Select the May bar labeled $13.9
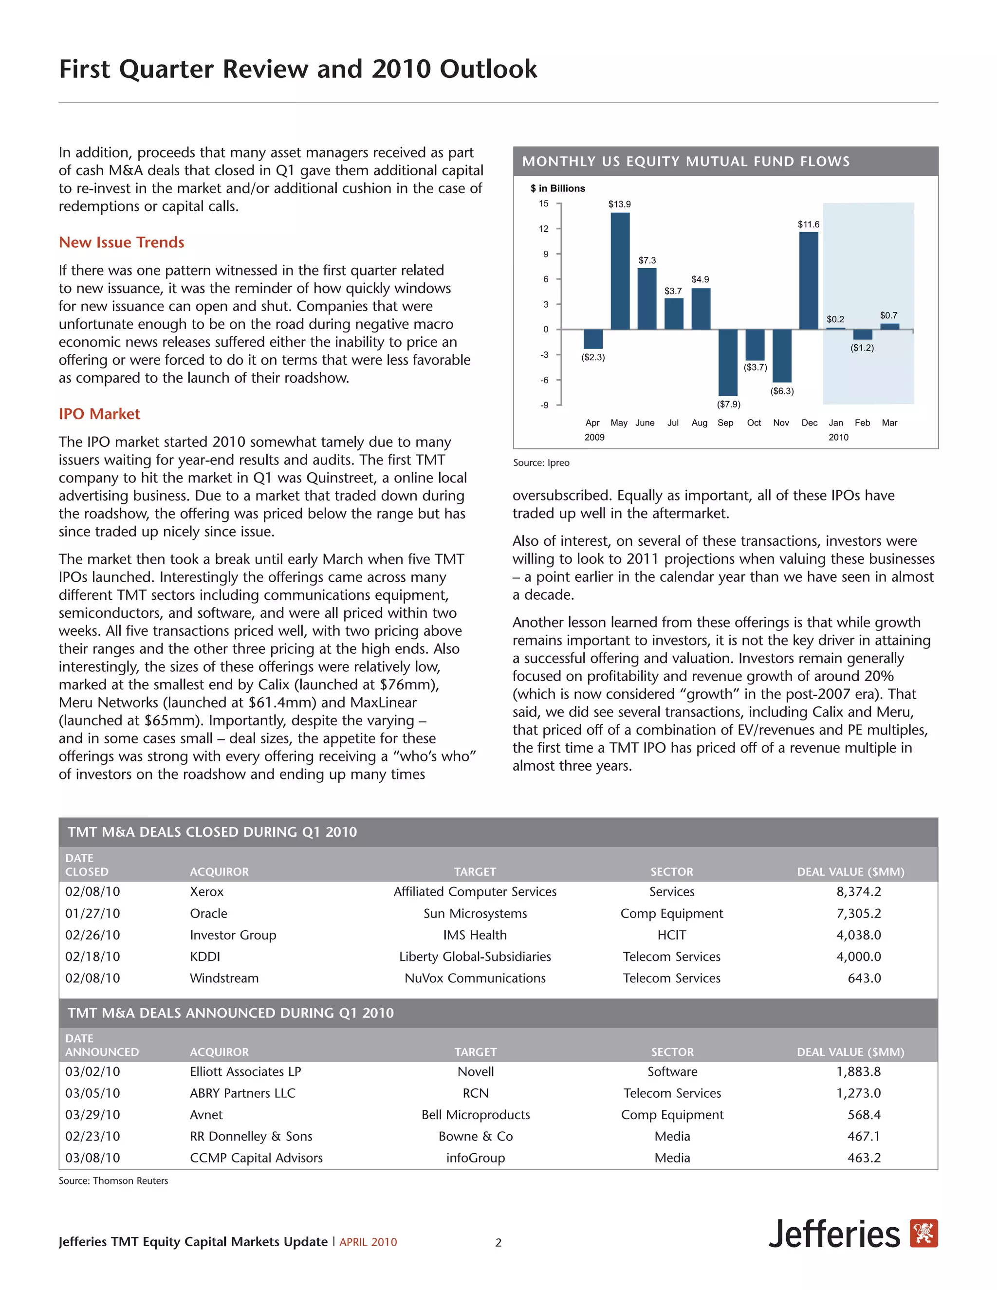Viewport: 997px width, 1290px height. [620, 271]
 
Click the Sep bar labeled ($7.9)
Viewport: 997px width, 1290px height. [728, 362]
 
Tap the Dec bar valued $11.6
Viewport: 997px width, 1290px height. [809, 280]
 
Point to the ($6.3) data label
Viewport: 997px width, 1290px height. [782, 391]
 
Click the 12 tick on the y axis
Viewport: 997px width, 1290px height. [543, 229]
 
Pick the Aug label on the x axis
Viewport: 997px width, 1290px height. [700, 423]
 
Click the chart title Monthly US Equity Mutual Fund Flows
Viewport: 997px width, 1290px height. [686, 161]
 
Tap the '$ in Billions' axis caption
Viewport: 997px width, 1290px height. [557, 188]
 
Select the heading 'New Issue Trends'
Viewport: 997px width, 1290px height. [121, 242]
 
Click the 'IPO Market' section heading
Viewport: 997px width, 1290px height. [99, 413]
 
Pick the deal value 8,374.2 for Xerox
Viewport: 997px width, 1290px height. [858, 891]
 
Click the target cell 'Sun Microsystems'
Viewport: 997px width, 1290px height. [475, 913]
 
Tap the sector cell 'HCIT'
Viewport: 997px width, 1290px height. [671, 935]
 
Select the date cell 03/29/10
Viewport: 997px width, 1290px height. [92, 1115]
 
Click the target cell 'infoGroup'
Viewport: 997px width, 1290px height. [476, 1158]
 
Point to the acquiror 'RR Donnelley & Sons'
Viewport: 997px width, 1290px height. [251, 1137]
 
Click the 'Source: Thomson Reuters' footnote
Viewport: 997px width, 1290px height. [113, 1181]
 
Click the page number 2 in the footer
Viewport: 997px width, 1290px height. [498, 1243]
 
